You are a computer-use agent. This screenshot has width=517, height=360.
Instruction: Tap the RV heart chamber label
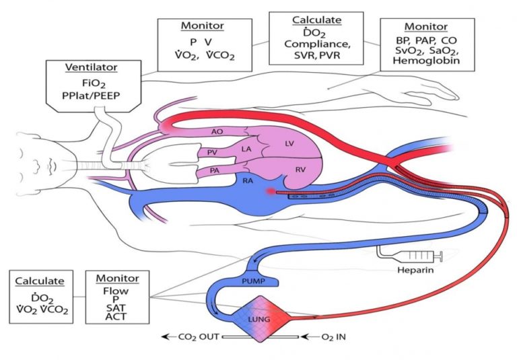pos(300,170)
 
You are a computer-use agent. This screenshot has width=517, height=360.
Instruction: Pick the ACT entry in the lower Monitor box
pos(116,316)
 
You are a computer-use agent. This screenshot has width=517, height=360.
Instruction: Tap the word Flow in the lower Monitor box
pos(116,292)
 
